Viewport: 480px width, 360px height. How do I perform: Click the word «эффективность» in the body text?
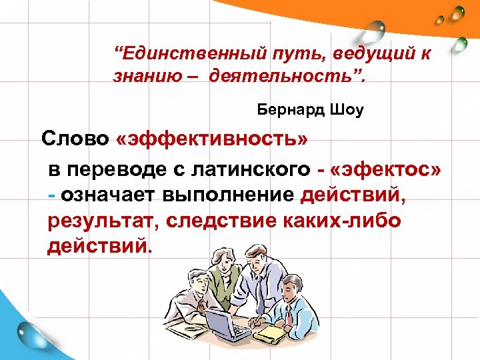212,139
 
